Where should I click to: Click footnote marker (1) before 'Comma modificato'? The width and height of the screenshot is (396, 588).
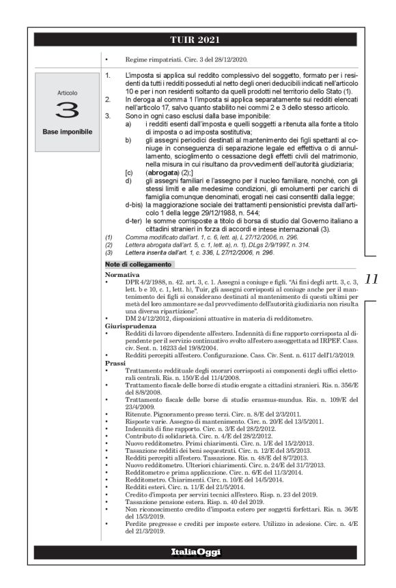109,237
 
